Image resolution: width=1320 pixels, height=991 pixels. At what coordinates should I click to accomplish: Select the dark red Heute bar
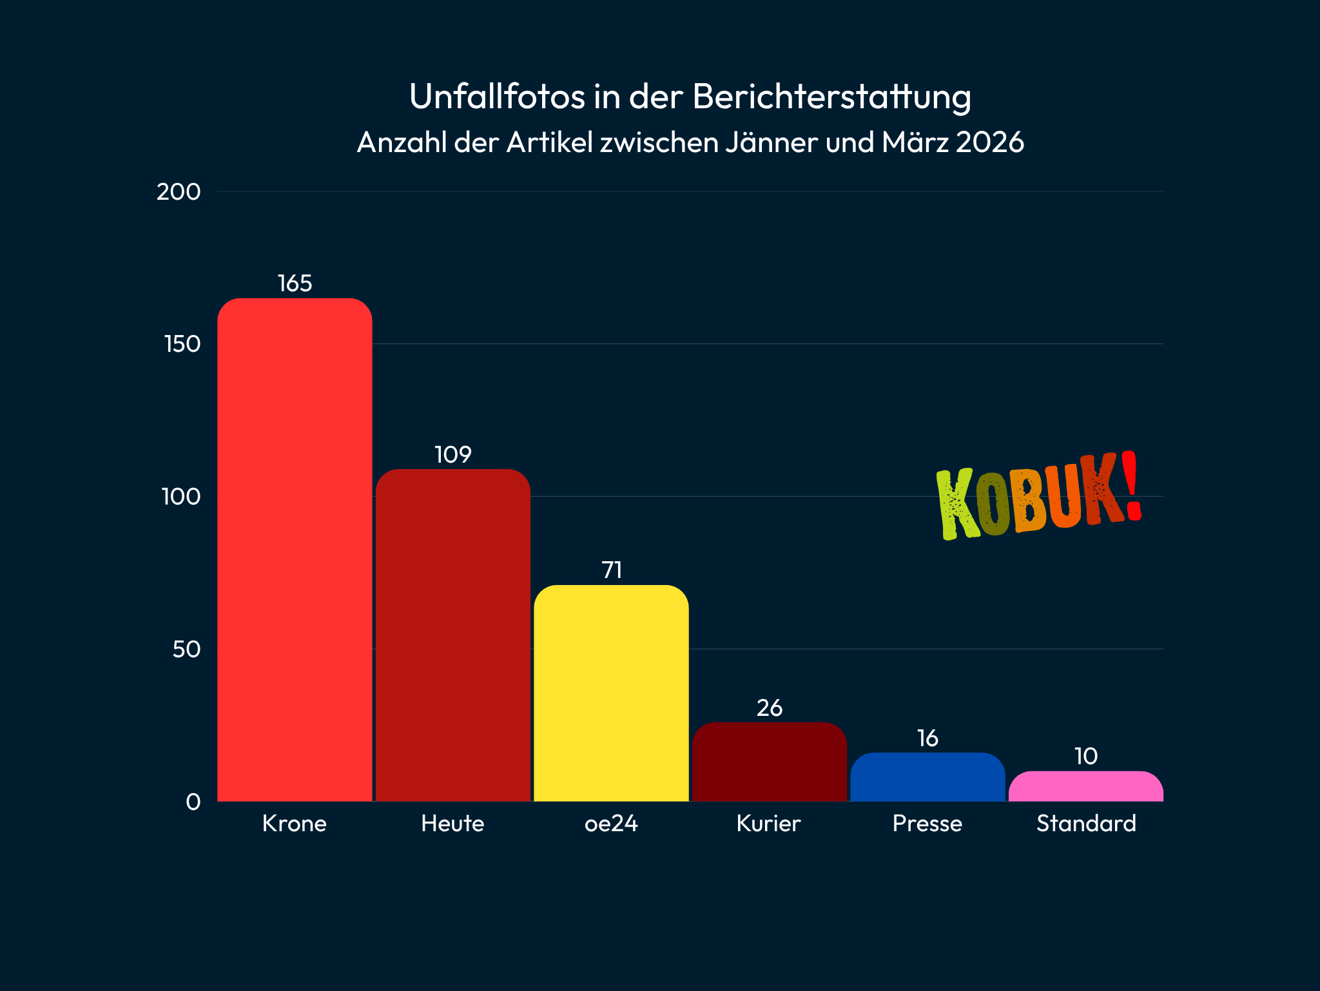pyautogui.click(x=452, y=635)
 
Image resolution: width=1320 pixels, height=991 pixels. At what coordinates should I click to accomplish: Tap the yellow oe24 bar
pyautogui.click(x=611, y=693)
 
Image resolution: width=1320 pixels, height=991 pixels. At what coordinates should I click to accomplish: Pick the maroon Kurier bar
pyautogui.click(x=769, y=762)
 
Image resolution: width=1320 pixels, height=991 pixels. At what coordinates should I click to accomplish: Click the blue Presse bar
pyautogui.click(x=927, y=777)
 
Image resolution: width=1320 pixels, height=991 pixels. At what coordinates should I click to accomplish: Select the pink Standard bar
pyautogui.click(x=1085, y=786)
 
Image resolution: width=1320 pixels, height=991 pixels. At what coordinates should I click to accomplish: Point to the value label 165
pyautogui.click(x=295, y=284)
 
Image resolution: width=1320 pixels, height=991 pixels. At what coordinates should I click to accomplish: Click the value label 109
pyautogui.click(x=452, y=455)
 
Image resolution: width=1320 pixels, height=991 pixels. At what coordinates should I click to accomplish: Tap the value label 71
pyautogui.click(x=611, y=570)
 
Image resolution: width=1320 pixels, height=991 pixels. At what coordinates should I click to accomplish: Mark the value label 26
pyautogui.click(x=769, y=708)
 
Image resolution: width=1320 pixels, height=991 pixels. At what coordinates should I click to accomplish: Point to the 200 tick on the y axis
pyautogui.click(x=179, y=191)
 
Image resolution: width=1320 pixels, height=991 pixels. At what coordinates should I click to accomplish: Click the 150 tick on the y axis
pyautogui.click(x=182, y=344)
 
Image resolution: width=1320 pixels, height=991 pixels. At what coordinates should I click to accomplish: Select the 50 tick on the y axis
pyautogui.click(x=186, y=649)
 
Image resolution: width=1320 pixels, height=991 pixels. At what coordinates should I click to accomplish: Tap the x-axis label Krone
pyautogui.click(x=295, y=823)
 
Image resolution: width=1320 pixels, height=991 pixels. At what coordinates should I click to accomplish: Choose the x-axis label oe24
pyautogui.click(x=611, y=823)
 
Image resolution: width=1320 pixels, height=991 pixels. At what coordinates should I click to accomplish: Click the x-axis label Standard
pyautogui.click(x=1086, y=823)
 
